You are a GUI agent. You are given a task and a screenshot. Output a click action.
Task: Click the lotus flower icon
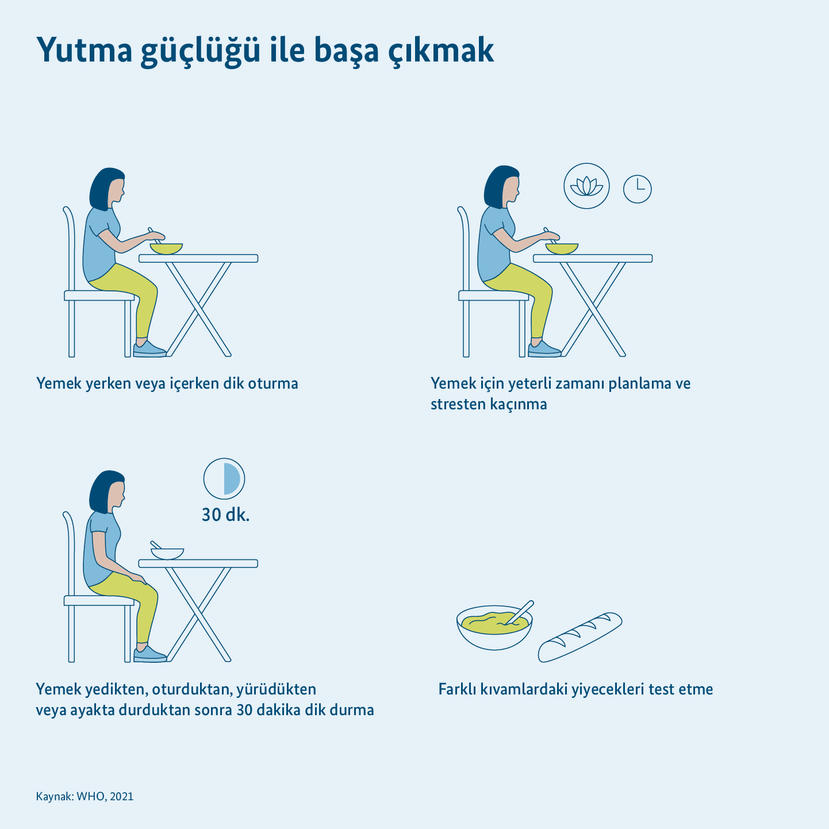[x=586, y=186]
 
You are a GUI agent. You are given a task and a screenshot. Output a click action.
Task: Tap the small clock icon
[x=637, y=189]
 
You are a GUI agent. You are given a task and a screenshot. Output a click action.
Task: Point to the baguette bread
[x=580, y=637]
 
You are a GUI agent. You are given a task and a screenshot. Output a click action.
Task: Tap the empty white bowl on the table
[x=167, y=554]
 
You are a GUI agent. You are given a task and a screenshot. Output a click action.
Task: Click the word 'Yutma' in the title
[x=85, y=51]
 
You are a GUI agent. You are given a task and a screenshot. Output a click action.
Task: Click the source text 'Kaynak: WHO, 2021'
[x=85, y=796]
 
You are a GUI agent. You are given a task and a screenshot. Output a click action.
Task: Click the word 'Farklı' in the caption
[x=456, y=689]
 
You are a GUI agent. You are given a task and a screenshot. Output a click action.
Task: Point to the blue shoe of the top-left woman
[x=149, y=349]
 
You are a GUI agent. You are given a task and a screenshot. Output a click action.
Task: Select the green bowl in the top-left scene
[x=167, y=249]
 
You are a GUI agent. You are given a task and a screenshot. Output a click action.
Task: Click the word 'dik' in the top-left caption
[x=233, y=383]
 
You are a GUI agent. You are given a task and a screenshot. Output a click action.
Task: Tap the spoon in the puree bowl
[x=520, y=612]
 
